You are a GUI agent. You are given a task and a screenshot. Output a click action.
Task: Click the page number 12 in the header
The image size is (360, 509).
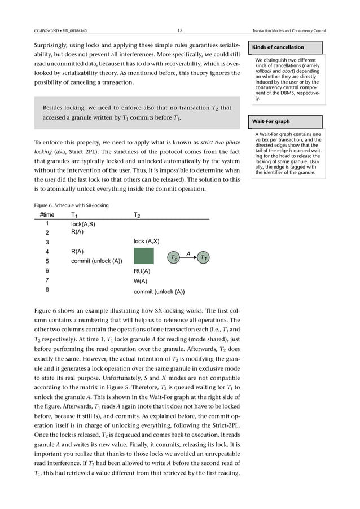tap(179, 30)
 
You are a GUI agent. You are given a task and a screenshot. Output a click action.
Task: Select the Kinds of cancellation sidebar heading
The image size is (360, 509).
tap(278, 47)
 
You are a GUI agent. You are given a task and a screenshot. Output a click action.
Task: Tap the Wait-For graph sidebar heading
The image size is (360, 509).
tap(271, 121)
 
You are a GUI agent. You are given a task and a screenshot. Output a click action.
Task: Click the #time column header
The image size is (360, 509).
tap(48, 215)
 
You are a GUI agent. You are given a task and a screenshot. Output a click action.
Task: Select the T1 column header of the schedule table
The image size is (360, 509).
tap(74, 215)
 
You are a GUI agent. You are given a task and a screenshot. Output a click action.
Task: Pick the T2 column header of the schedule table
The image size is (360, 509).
tap(137, 215)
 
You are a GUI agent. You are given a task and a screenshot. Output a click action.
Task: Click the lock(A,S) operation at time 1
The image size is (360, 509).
tap(83, 225)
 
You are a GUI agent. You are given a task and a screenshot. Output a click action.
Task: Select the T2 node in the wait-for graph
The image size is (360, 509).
tap(174, 257)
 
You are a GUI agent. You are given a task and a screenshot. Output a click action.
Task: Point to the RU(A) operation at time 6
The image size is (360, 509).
tap(142, 271)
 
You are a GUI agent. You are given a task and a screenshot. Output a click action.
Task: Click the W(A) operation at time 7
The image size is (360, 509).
tap(141, 281)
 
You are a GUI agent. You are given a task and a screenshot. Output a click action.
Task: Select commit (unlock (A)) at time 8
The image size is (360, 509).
tap(159, 292)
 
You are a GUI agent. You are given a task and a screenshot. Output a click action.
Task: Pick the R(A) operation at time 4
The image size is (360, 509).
tap(78, 251)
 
